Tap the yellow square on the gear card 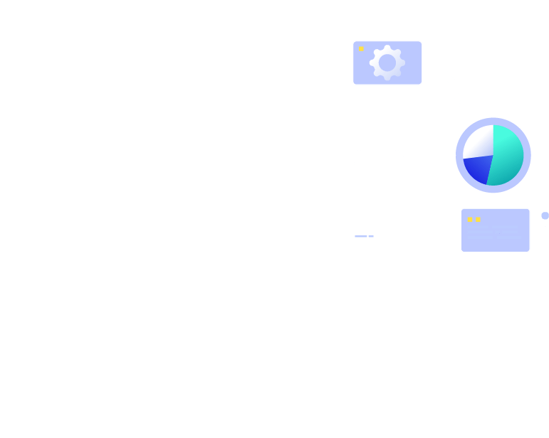point(361,48)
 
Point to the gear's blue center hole point(387,63)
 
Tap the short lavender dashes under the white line point(364,236)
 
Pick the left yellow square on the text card point(470,219)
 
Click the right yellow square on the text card point(478,219)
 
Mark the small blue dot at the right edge point(545,215)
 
